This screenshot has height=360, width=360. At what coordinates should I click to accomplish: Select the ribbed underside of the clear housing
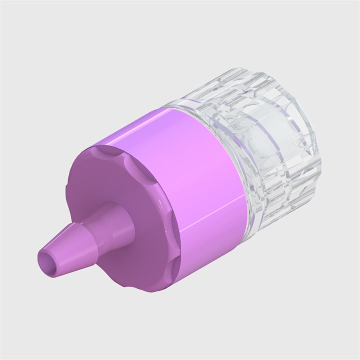pos(280,190)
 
